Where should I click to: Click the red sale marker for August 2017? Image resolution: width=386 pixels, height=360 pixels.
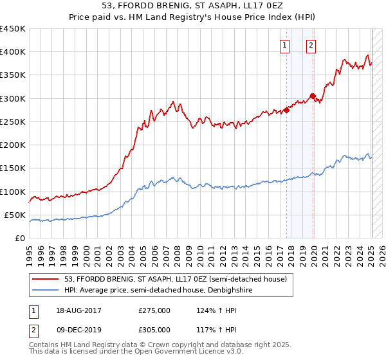pos(287,110)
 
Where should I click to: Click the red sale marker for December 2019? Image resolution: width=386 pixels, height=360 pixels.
pos(313,96)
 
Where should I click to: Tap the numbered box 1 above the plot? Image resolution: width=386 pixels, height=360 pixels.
pos(284,45)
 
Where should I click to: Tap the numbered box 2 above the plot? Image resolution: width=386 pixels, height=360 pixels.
pos(311,45)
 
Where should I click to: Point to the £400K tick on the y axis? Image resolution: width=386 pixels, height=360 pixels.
pos(12,52)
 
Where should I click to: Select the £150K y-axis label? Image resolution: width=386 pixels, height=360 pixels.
pos(12,168)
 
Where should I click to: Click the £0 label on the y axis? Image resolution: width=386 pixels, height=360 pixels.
pos(19,239)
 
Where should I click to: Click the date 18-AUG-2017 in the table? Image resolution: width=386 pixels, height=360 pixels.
pos(78,310)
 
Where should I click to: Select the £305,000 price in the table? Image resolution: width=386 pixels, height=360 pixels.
pos(154,330)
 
